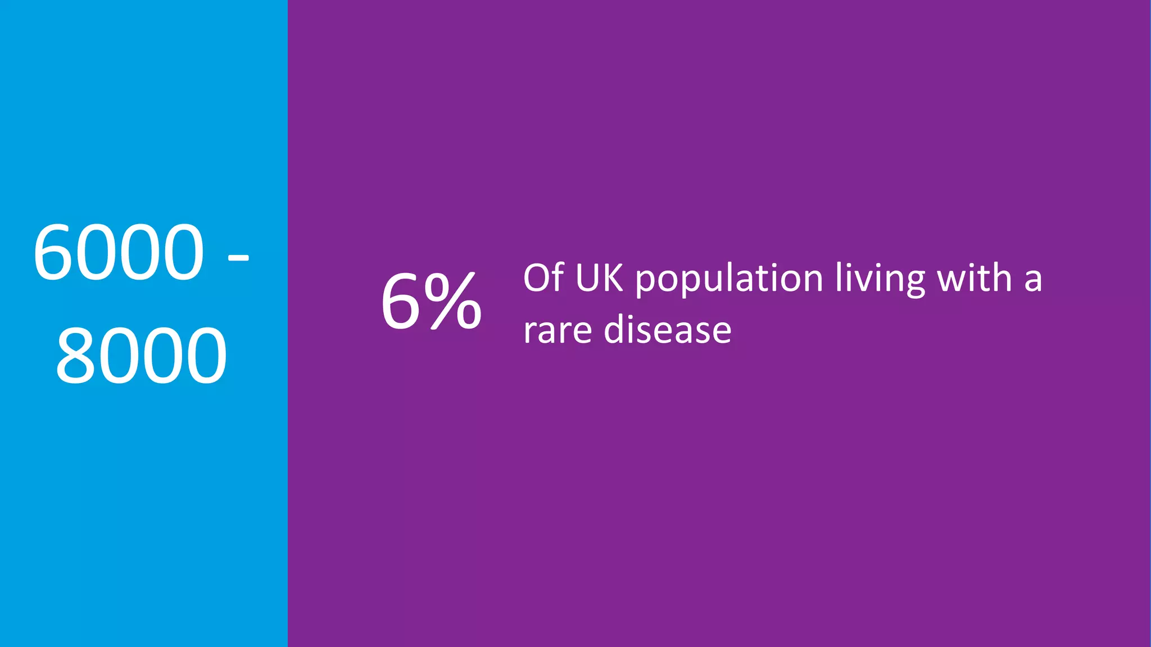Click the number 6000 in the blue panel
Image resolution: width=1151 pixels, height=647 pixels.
pos(119,252)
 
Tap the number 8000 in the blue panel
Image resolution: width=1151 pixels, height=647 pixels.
pos(141,356)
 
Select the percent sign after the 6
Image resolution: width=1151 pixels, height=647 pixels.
pos(452,302)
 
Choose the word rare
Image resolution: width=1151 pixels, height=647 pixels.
pos(557,331)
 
